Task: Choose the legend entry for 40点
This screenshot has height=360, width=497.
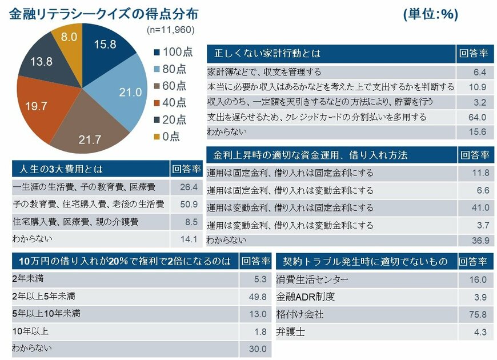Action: click(170, 103)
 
